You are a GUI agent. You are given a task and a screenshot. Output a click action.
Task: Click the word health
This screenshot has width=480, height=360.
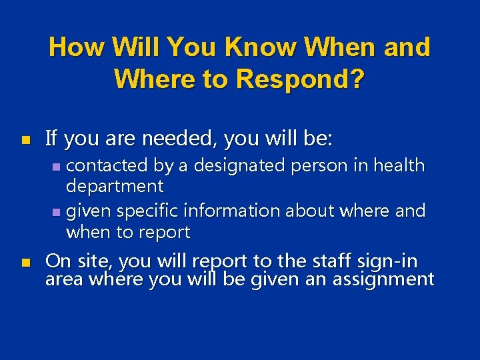(x=399, y=165)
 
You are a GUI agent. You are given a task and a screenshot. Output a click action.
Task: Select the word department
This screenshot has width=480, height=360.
(x=114, y=186)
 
